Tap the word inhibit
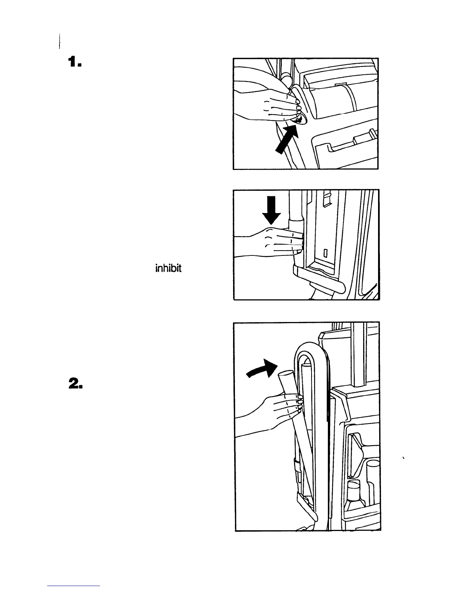click(168, 268)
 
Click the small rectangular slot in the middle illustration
click(325, 254)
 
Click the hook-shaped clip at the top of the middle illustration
click(327, 197)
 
